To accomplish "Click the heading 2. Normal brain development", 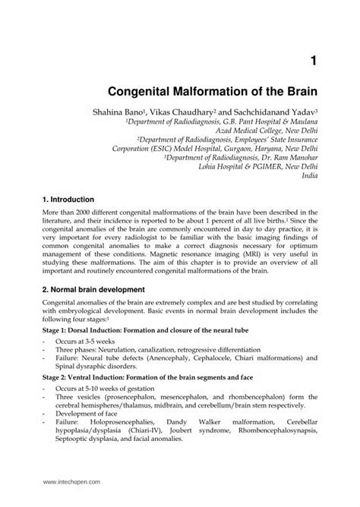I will click(100, 290).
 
